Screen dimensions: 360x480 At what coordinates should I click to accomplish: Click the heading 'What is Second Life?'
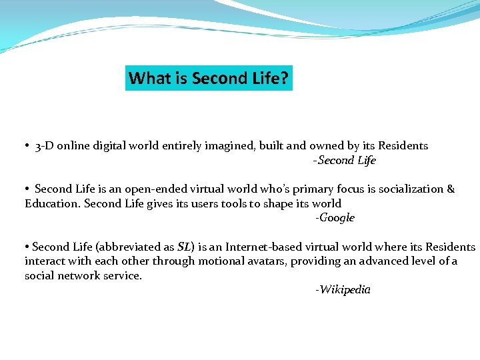click(209, 79)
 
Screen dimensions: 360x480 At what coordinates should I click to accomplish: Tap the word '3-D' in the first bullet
click(44, 146)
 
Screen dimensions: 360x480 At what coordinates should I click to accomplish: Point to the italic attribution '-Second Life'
click(345, 161)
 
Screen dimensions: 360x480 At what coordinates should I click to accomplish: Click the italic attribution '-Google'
click(335, 218)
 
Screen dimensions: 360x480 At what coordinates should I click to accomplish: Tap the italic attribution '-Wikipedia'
click(343, 290)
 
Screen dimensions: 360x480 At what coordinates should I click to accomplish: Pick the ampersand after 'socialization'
click(451, 189)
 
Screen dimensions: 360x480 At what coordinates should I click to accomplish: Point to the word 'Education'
click(52, 204)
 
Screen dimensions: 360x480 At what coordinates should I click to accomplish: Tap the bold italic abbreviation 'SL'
click(184, 247)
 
